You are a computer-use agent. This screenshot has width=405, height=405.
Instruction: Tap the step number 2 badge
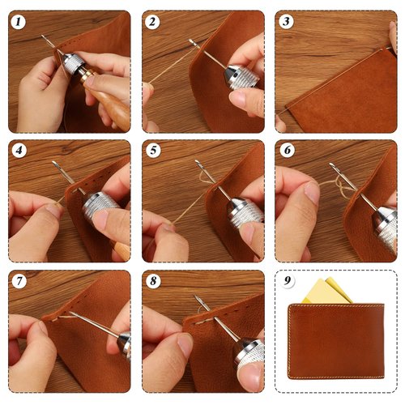[151, 22]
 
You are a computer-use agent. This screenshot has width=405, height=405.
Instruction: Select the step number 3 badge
[285, 22]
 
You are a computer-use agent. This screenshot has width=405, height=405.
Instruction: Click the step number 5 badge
[151, 151]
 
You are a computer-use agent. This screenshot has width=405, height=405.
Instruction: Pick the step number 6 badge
[285, 151]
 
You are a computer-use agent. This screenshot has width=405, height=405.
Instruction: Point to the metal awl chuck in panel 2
[241, 77]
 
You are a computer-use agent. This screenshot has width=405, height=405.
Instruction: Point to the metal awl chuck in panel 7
[124, 344]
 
